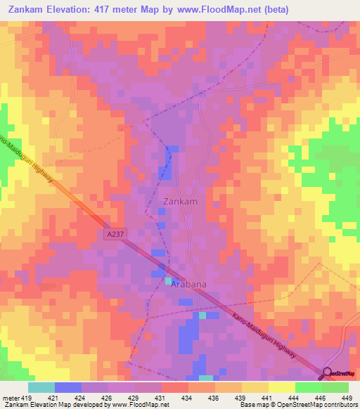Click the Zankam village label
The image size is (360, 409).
coord(180,201)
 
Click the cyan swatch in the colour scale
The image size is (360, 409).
coord(41,387)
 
